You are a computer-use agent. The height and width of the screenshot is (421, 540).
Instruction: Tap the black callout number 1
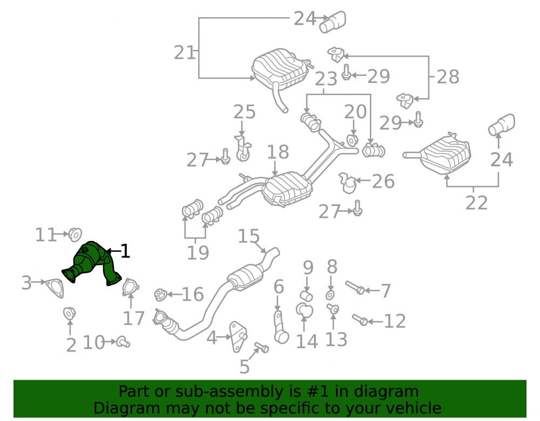[125, 251]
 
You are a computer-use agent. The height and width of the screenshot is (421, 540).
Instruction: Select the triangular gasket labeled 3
[55, 288]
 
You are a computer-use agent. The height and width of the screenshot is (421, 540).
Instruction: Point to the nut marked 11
[75, 234]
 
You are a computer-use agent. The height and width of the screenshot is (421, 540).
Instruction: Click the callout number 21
[185, 53]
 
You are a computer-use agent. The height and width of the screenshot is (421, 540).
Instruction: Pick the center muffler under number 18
[288, 189]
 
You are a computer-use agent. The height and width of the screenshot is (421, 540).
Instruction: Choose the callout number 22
[477, 203]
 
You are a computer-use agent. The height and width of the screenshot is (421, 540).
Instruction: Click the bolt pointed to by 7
[355, 287]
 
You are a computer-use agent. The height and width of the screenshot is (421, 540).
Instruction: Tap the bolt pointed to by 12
[360, 320]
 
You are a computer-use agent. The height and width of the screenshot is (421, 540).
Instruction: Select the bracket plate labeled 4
[238, 337]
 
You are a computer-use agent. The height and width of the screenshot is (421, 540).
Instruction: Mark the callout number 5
[244, 367]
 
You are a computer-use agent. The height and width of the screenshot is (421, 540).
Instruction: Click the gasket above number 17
[131, 287]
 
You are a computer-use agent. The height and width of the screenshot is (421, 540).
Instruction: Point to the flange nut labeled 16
[161, 294]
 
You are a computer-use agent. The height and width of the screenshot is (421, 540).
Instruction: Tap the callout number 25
[245, 112]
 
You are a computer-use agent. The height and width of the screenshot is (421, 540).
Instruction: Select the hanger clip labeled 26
[347, 183]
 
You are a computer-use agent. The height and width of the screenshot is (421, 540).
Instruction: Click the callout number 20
[356, 112]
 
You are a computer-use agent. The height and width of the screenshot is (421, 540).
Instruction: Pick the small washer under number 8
[330, 295]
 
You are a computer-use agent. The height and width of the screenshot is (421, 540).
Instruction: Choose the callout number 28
[448, 77]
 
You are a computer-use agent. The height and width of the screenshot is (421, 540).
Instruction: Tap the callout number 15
[248, 237]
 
